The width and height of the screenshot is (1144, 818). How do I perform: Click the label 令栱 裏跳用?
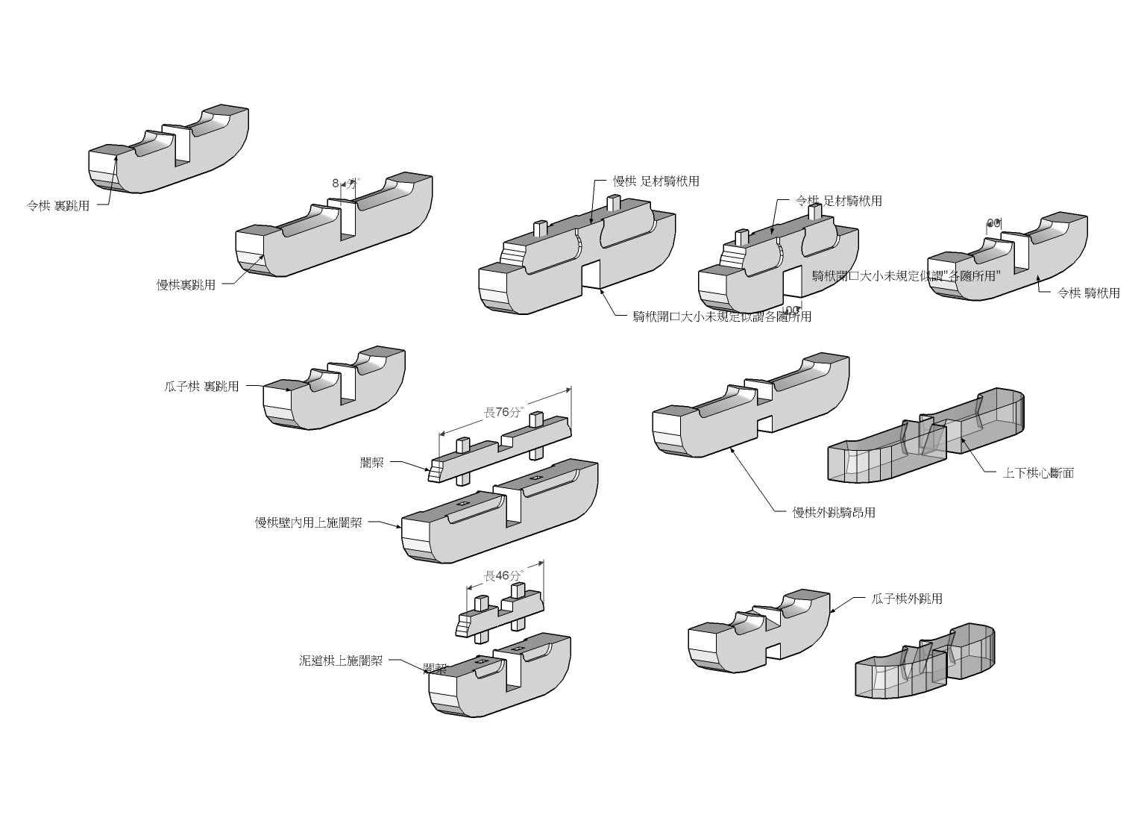58,206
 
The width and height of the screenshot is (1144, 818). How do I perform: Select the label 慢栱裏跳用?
186,284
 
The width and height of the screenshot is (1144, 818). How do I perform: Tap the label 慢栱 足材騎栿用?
656,181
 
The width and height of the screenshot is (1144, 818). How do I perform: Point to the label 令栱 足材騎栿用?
839,201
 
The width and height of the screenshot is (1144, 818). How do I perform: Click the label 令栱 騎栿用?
1089,293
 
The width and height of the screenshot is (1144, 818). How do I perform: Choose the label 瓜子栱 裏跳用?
201,387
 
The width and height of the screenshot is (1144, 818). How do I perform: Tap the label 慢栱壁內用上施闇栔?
309,522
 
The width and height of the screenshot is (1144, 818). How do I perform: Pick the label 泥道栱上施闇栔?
341,661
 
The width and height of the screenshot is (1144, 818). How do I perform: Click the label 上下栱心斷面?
1038,472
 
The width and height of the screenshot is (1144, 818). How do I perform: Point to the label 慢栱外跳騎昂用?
834,513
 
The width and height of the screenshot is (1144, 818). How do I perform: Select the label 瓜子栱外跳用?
907,599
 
